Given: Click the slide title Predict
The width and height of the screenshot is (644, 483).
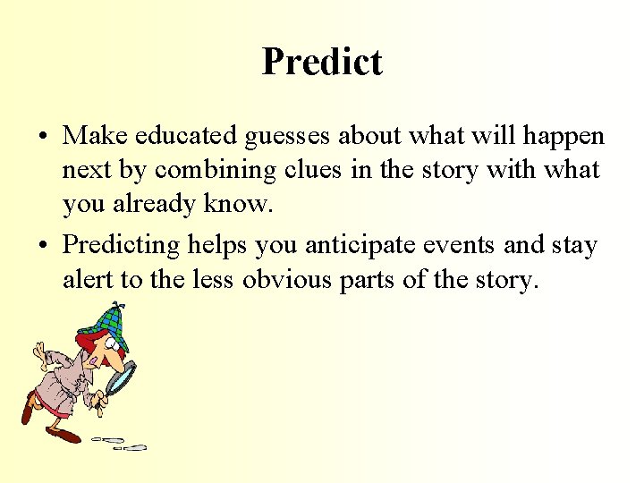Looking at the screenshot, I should click(322, 62).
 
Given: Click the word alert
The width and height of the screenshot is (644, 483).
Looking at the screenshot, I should click(87, 280).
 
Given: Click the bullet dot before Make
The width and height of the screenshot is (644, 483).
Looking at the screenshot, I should click(43, 137).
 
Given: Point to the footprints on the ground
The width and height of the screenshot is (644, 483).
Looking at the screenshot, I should click(121, 442).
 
